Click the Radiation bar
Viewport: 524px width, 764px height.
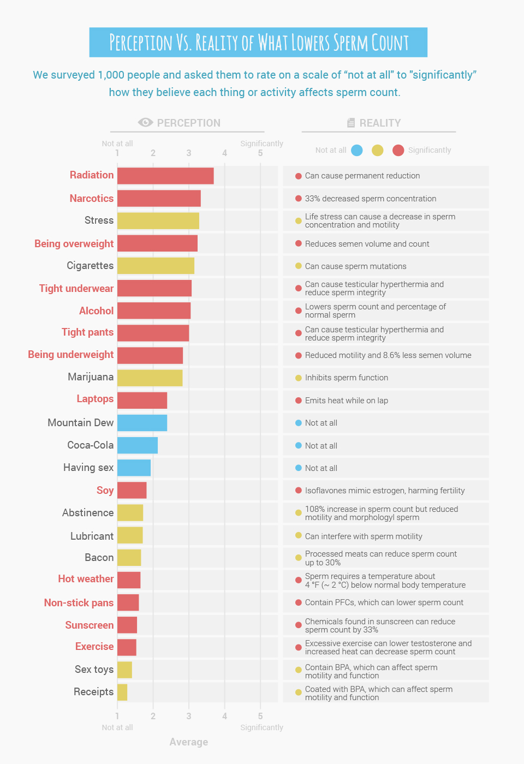(x=165, y=176)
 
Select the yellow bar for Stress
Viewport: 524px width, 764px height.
(x=158, y=220)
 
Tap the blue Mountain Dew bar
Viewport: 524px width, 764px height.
(x=142, y=423)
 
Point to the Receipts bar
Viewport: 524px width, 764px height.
(x=122, y=692)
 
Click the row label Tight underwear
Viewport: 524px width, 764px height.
(x=76, y=288)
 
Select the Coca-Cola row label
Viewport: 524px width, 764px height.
(x=90, y=445)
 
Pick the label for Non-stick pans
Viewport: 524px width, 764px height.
(x=79, y=602)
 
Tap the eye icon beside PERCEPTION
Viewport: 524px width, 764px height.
(x=145, y=123)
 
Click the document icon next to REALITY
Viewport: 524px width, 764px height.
(x=351, y=123)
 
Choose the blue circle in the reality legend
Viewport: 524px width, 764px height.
(x=357, y=150)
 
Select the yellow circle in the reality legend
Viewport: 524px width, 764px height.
(x=377, y=150)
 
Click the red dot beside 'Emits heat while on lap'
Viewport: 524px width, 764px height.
(x=299, y=401)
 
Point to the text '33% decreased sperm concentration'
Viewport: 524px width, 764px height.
(x=371, y=199)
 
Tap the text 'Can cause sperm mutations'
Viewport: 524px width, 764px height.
(x=355, y=266)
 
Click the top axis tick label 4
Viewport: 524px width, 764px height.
(x=224, y=153)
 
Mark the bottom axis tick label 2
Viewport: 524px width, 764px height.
(x=153, y=716)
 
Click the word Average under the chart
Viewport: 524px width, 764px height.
(x=188, y=742)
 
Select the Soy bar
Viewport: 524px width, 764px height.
(x=132, y=490)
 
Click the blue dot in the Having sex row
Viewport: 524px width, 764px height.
(x=299, y=468)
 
